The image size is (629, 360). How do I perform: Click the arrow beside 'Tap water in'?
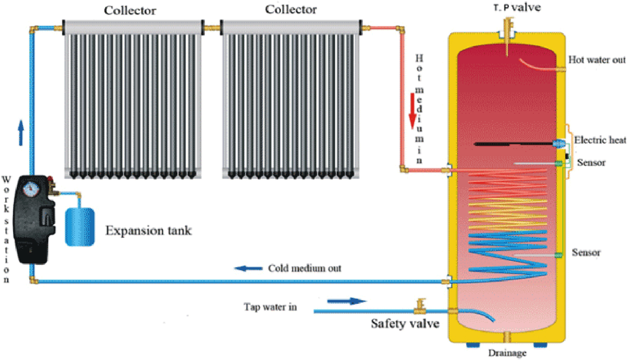pos(346,301)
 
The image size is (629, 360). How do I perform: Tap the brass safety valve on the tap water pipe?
pos(420,306)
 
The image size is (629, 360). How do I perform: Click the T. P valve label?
pos(517,7)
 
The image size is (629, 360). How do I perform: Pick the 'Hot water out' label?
pos(597,60)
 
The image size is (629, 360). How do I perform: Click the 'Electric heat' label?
pos(600,140)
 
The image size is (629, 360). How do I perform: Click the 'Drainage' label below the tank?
pos(507,353)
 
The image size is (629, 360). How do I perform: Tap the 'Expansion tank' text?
pos(148,230)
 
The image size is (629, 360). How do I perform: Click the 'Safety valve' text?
pos(405,323)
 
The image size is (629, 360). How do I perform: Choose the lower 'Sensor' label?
pos(586,253)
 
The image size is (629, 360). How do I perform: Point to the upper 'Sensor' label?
pos(591,163)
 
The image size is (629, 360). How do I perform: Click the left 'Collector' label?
pos(130,10)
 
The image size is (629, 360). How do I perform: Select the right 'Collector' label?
pos(291,9)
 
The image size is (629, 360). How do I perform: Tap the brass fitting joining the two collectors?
pos(212,29)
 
